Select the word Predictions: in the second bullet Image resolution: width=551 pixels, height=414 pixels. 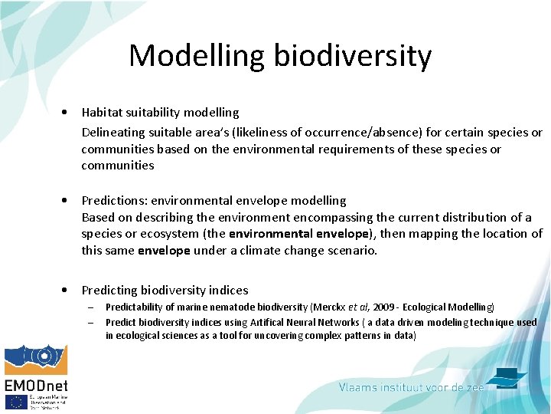click(x=114, y=200)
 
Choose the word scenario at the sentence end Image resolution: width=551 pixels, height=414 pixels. click(x=351, y=250)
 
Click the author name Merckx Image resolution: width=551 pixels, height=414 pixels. click(x=329, y=307)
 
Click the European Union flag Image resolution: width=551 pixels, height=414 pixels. click(x=15, y=402)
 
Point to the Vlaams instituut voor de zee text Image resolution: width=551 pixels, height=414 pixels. click(x=411, y=388)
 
